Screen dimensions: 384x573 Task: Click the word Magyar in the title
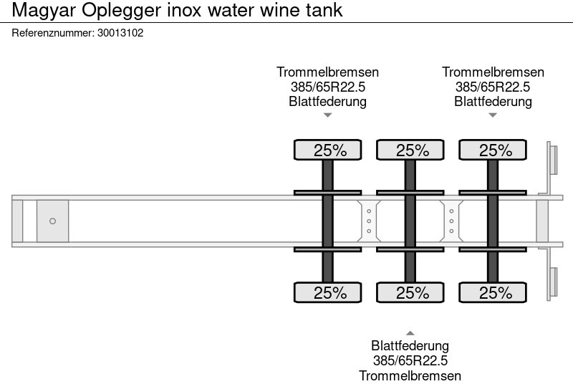click(x=39, y=10)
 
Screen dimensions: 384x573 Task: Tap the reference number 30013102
click(x=120, y=32)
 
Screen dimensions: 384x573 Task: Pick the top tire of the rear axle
click(x=493, y=150)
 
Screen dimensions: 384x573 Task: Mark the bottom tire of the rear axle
click(x=493, y=292)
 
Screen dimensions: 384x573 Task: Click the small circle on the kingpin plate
click(x=52, y=221)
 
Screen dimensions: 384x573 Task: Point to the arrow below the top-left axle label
click(x=328, y=115)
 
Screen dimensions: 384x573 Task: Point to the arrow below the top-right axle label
click(x=493, y=115)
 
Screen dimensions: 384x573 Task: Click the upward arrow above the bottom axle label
click(x=410, y=332)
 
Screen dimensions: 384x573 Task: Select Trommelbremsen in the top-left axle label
click(x=328, y=72)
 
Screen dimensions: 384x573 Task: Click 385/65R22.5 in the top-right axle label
click(x=493, y=87)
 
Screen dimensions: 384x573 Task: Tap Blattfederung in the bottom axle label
click(x=410, y=347)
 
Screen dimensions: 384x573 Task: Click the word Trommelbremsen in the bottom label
click(x=410, y=375)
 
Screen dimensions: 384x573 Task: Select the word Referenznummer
click(x=53, y=32)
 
